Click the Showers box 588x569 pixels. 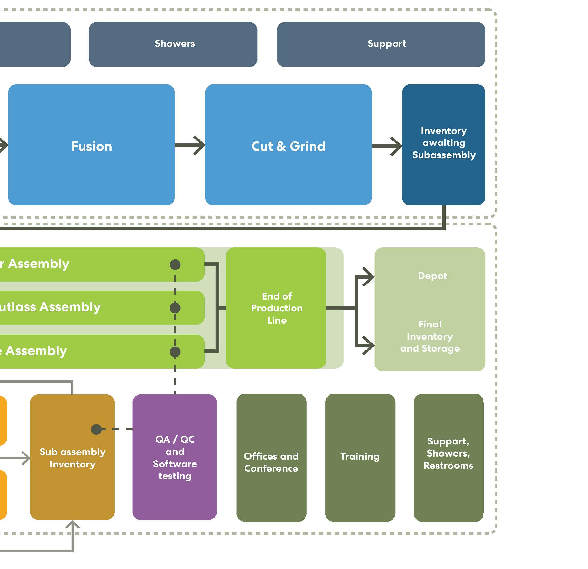click(173, 44)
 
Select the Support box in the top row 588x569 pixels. click(381, 44)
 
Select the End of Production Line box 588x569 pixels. click(276, 308)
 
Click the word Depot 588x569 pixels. click(432, 276)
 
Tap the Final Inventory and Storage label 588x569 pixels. click(430, 336)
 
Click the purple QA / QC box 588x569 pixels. click(175, 457)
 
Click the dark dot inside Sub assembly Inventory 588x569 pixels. click(96, 429)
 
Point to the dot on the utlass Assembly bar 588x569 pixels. click(175, 308)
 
